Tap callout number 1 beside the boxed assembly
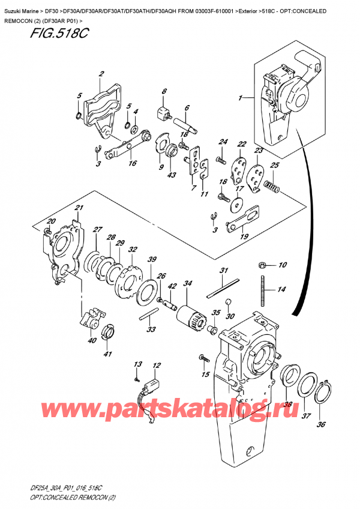(241, 98)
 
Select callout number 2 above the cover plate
(101, 74)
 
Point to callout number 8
(163, 91)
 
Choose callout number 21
(78, 208)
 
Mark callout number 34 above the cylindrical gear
(188, 283)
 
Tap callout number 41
(108, 354)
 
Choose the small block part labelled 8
(161, 112)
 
